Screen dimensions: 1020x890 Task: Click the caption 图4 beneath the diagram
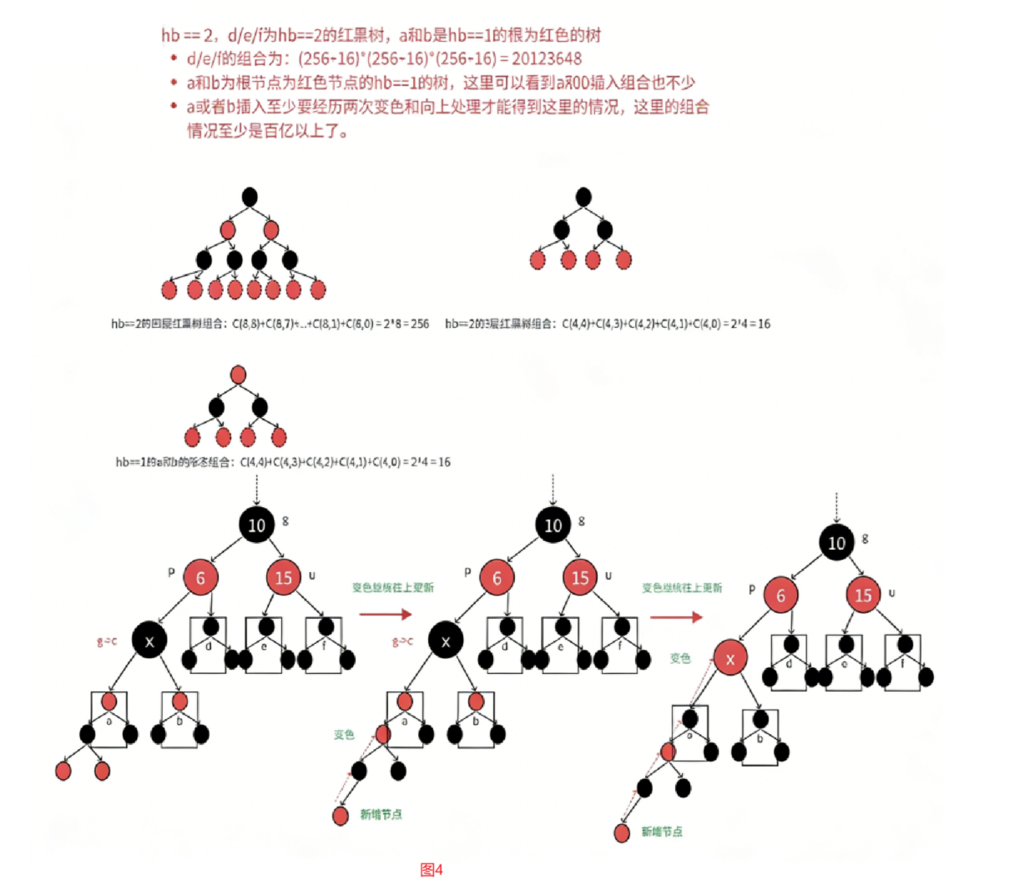(x=432, y=870)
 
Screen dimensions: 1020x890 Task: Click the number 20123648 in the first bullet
(x=547, y=58)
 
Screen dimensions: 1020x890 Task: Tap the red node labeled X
(x=730, y=659)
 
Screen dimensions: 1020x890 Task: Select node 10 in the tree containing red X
(x=836, y=543)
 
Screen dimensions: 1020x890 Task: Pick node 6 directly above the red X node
(x=780, y=595)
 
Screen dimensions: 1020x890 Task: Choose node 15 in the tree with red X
(x=863, y=595)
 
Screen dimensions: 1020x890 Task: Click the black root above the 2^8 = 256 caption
(x=249, y=198)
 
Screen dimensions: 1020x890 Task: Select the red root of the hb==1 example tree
(x=238, y=374)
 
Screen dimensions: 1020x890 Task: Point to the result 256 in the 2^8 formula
(x=420, y=324)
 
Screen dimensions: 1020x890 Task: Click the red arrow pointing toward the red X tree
(x=676, y=617)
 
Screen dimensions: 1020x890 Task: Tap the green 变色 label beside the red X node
(x=680, y=658)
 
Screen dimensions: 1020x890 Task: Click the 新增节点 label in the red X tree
(x=662, y=832)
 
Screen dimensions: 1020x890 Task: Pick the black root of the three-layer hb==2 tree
(x=583, y=198)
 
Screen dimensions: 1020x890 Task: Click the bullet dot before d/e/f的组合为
(x=174, y=58)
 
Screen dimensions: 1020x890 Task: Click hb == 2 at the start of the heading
(x=182, y=35)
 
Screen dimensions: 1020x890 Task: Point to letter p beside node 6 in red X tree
(x=752, y=589)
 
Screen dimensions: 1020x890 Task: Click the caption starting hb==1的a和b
(x=283, y=462)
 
